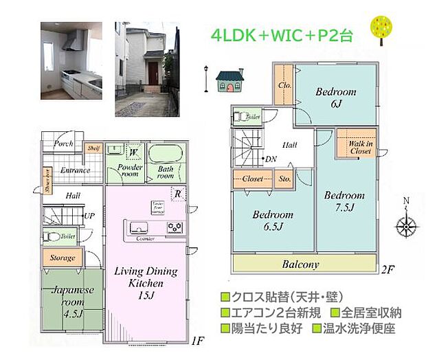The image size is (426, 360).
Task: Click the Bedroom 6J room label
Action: [x=336, y=97]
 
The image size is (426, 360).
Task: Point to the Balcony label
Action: [x=300, y=264]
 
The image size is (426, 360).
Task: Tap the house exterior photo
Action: [x=145, y=69]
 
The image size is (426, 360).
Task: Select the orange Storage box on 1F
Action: [x=63, y=258]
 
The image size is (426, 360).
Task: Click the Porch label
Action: [x=64, y=144]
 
